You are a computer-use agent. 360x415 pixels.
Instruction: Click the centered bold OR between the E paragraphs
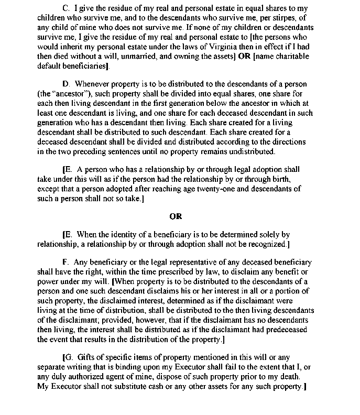coord(176,215)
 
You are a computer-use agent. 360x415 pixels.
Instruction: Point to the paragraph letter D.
coord(66,84)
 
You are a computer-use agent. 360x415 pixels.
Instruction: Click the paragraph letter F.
coord(66,262)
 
